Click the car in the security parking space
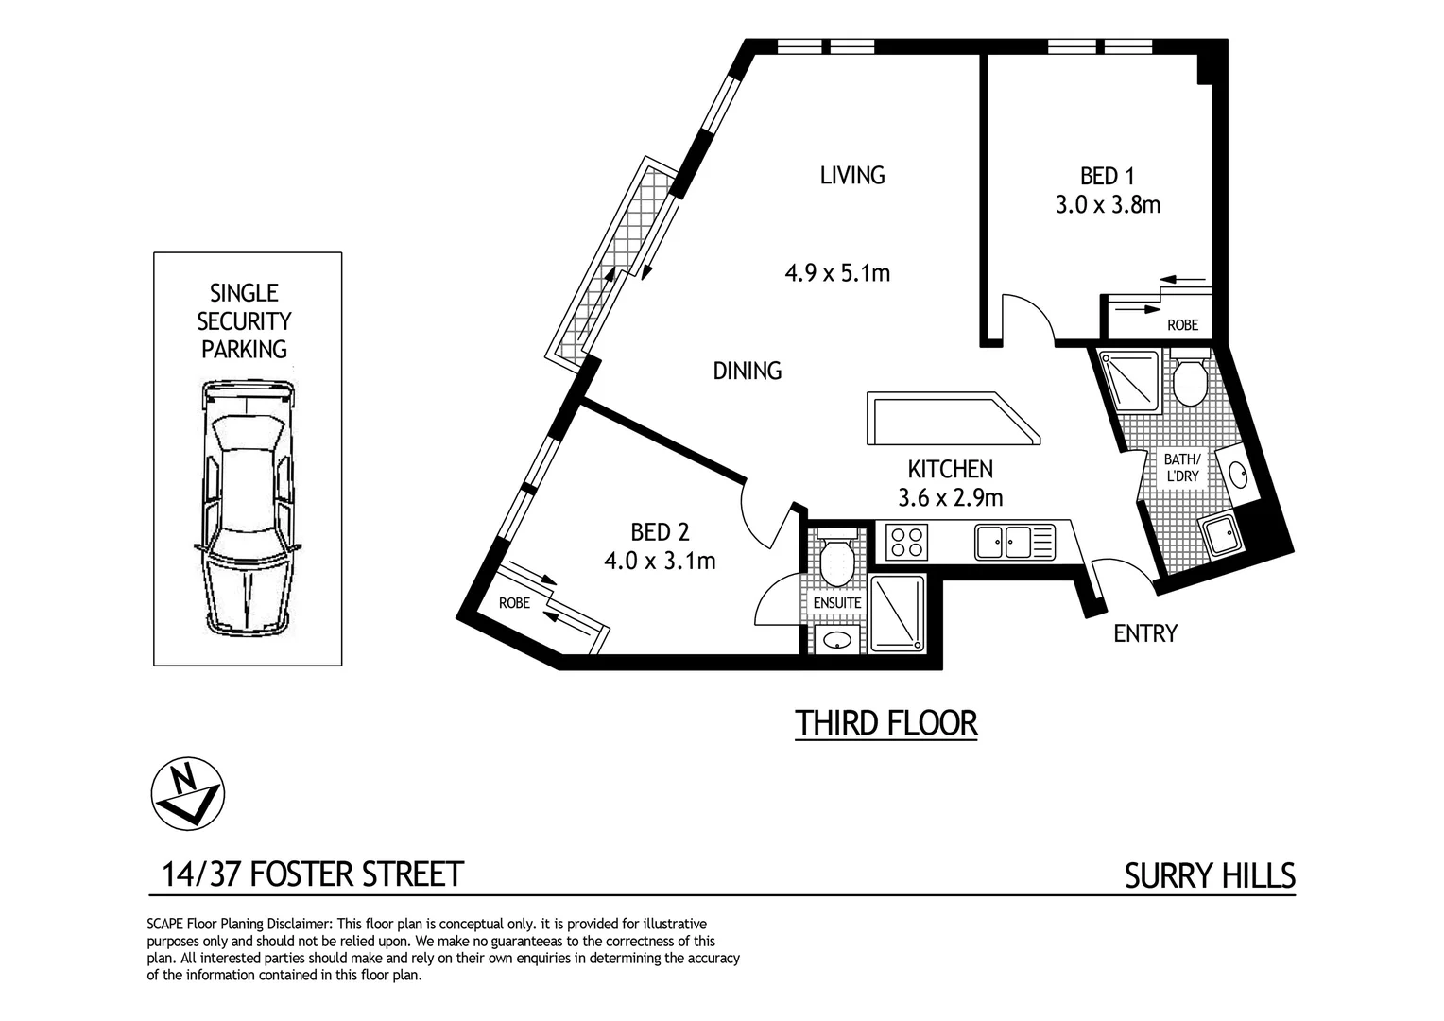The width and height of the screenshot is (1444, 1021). (x=248, y=509)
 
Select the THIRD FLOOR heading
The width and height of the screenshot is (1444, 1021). (x=885, y=723)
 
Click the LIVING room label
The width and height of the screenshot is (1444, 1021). (x=852, y=175)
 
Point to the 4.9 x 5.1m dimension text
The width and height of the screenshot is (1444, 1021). (x=837, y=274)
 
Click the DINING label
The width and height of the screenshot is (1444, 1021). (x=747, y=371)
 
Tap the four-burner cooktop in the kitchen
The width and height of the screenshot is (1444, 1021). (x=907, y=543)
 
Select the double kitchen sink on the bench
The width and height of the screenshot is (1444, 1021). (x=1004, y=543)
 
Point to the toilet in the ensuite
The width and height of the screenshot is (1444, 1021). (x=835, y=562)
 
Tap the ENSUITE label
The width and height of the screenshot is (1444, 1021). (x=837, y=602)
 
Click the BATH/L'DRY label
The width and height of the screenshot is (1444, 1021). (x=1181, y=468)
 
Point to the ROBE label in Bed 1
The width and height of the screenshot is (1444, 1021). (x=1181, y=325)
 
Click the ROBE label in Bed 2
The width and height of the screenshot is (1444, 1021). (x=514, y=602)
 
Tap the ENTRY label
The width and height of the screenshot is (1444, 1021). (x=1145, y=633)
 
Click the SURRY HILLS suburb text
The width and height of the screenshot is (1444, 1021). (x=1210, y=876)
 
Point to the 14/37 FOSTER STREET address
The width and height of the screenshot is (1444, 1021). (x=313, y=874)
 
